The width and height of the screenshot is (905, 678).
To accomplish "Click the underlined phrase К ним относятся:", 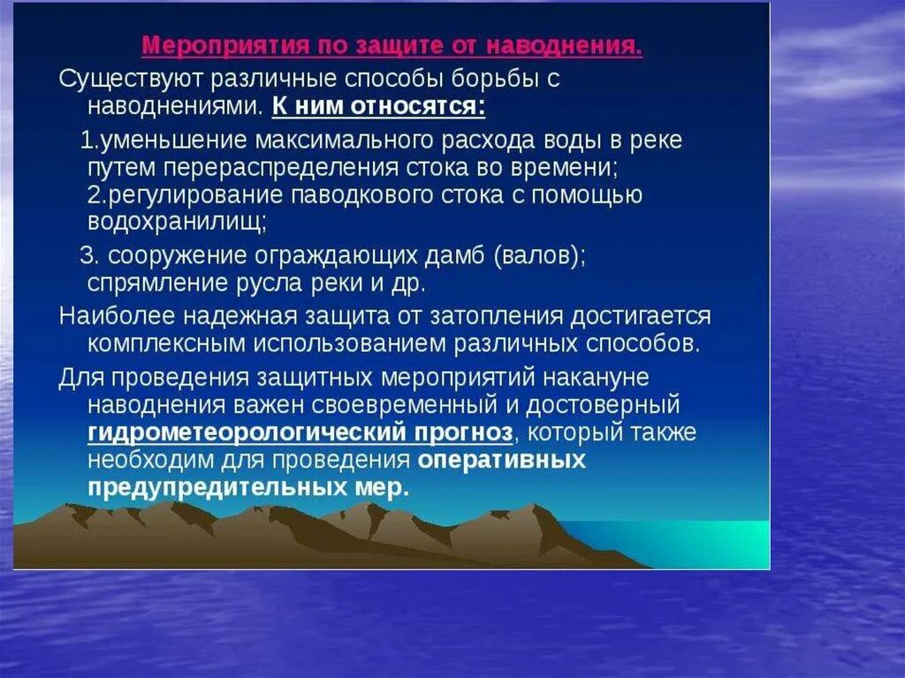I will tap(378, 107).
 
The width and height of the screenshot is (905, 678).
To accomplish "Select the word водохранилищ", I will tap(176, 221).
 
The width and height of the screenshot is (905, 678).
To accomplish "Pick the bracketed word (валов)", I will tap(539, 255).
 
